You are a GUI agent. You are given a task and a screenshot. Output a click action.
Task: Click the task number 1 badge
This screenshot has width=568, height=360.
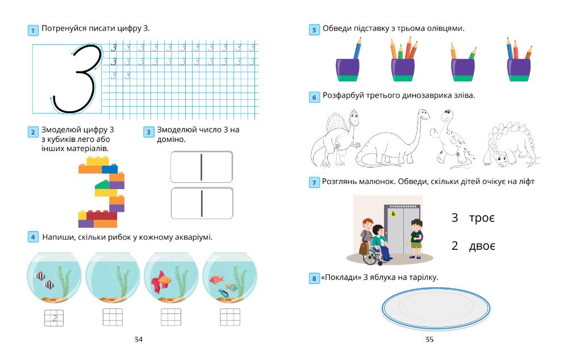[x=33, y=30]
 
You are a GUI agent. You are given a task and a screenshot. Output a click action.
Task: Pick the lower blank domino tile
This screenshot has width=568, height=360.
[x=202, y=203]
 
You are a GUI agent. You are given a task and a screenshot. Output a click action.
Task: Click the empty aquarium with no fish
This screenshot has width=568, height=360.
[x=112, y=276]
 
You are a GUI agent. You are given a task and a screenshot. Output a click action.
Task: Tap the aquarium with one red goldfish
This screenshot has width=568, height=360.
[x=171, y=276]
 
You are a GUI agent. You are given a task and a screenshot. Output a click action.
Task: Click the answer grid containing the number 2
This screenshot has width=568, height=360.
[x=54, y=317]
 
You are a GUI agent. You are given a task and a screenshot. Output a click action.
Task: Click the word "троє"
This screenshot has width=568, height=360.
[x=482, y=218]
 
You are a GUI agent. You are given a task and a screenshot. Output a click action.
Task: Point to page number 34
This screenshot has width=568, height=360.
[x=138, y=340]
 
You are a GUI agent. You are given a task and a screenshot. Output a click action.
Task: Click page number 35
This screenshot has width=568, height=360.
[x=429, y=340]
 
